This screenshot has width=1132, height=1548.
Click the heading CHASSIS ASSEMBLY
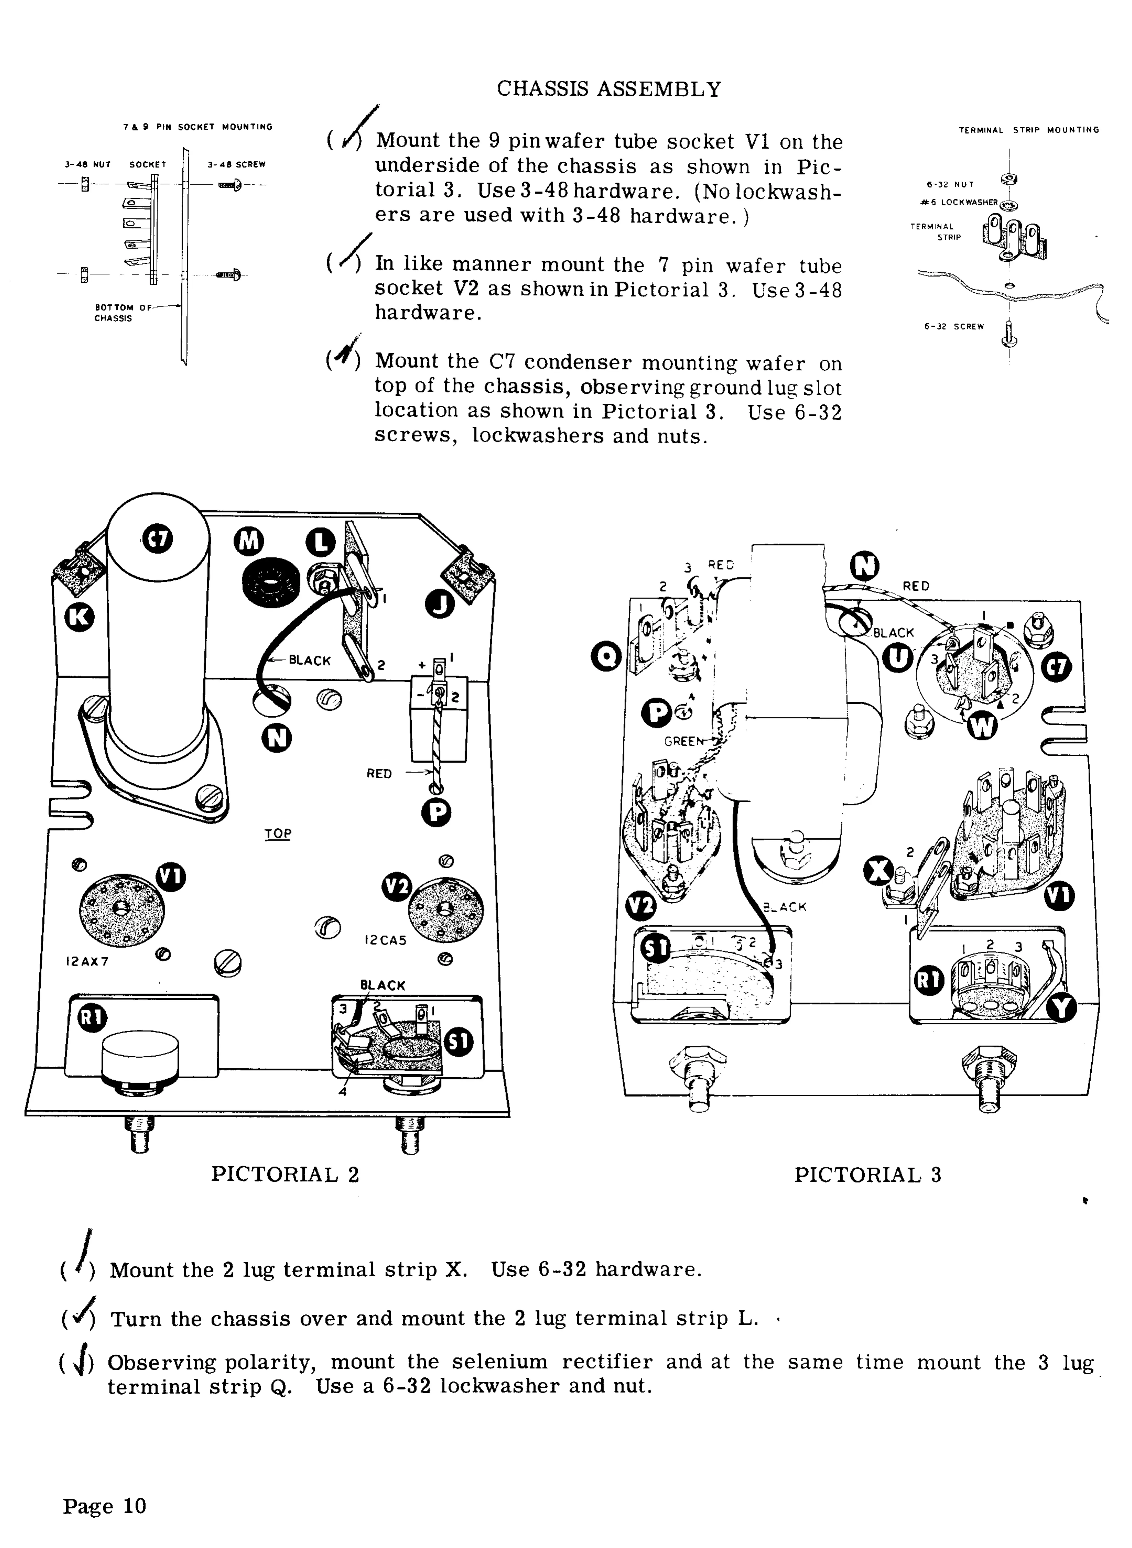[x=608, y=89]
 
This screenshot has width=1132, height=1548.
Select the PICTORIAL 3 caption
[x=868, y=1175]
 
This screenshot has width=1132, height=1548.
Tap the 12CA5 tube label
[x=385, y=940]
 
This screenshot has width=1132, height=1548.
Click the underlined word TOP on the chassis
[x=277, y=833]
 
